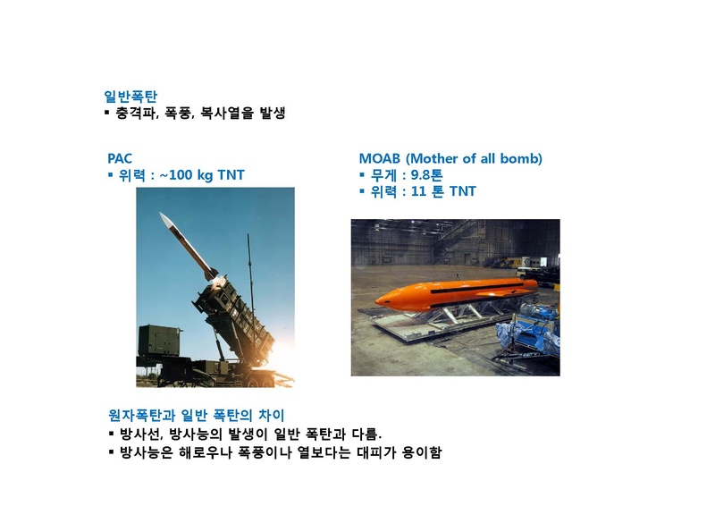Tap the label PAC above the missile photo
click(120, 158)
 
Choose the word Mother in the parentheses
click(439, 158)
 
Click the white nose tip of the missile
click(161, 215)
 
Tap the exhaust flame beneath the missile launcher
click(278, 367)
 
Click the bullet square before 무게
click(362, 175)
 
